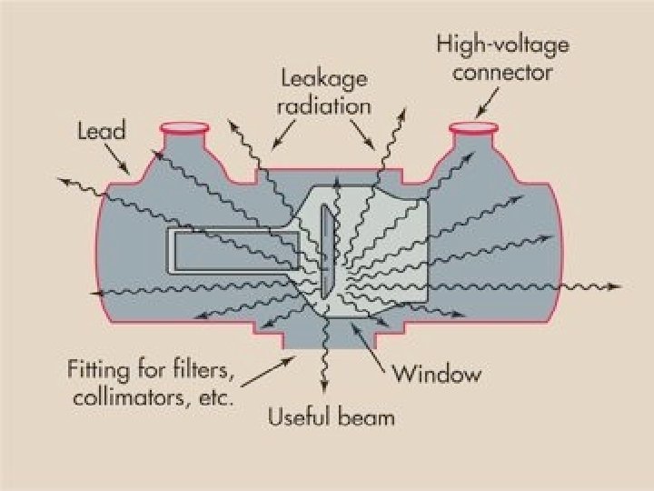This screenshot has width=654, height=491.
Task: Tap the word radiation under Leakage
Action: [x=324, y=105]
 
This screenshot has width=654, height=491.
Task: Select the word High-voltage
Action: [x=502, y=44]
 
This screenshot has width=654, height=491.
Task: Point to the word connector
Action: [x=502, y=71]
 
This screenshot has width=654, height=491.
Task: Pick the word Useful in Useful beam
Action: [x=300, y=418]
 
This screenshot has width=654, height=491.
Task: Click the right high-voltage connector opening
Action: [x=473, y=126]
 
